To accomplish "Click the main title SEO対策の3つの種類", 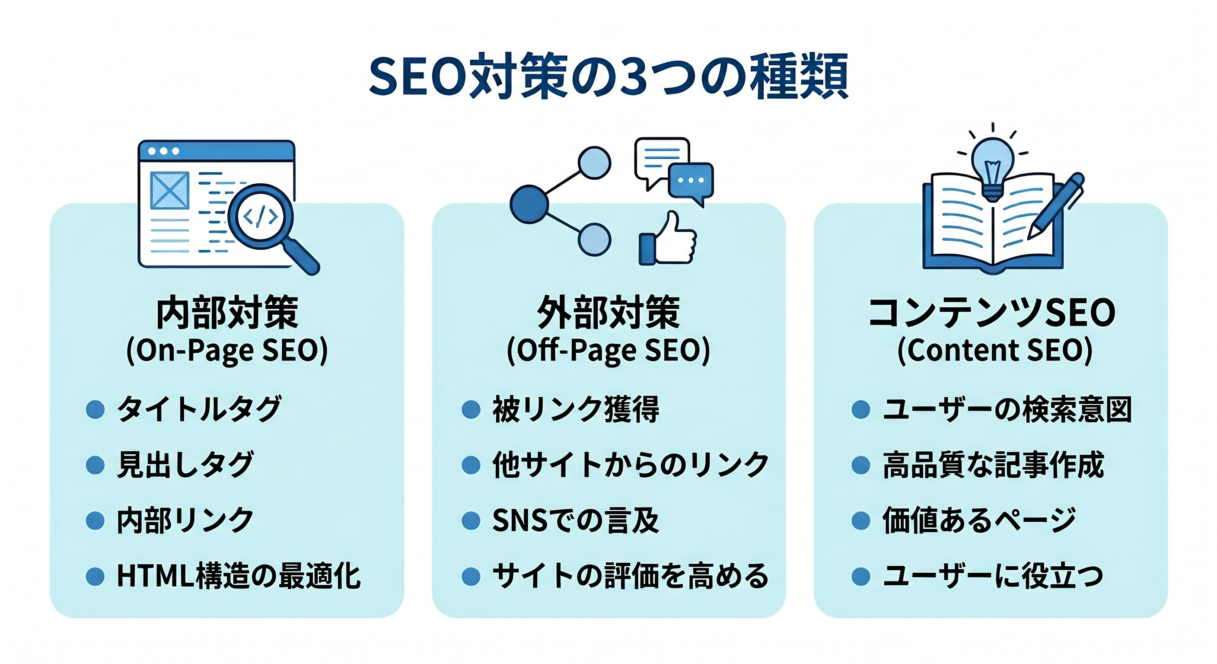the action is click(608, 77).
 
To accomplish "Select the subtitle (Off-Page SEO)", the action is click(608, 350).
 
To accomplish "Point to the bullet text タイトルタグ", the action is click(199, 409).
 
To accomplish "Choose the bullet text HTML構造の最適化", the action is click(239, 576).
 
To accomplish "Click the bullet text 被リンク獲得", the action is click(575, 409).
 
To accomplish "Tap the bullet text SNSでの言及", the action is click(575, 520).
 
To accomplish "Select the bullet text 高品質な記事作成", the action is click(994, 465).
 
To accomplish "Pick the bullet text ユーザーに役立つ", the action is click(993, 576).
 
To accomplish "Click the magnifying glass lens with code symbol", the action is click(260, 217).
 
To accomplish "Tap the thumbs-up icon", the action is click(668, 238).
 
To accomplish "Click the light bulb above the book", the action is click(993, 169).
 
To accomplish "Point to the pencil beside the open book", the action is click(1055, 206).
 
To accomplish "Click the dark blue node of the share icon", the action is click(529, 204).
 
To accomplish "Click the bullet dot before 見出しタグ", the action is click(95, 465).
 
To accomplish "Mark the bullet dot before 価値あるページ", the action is click(861, 520).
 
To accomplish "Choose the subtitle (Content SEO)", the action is click(994, 350).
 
